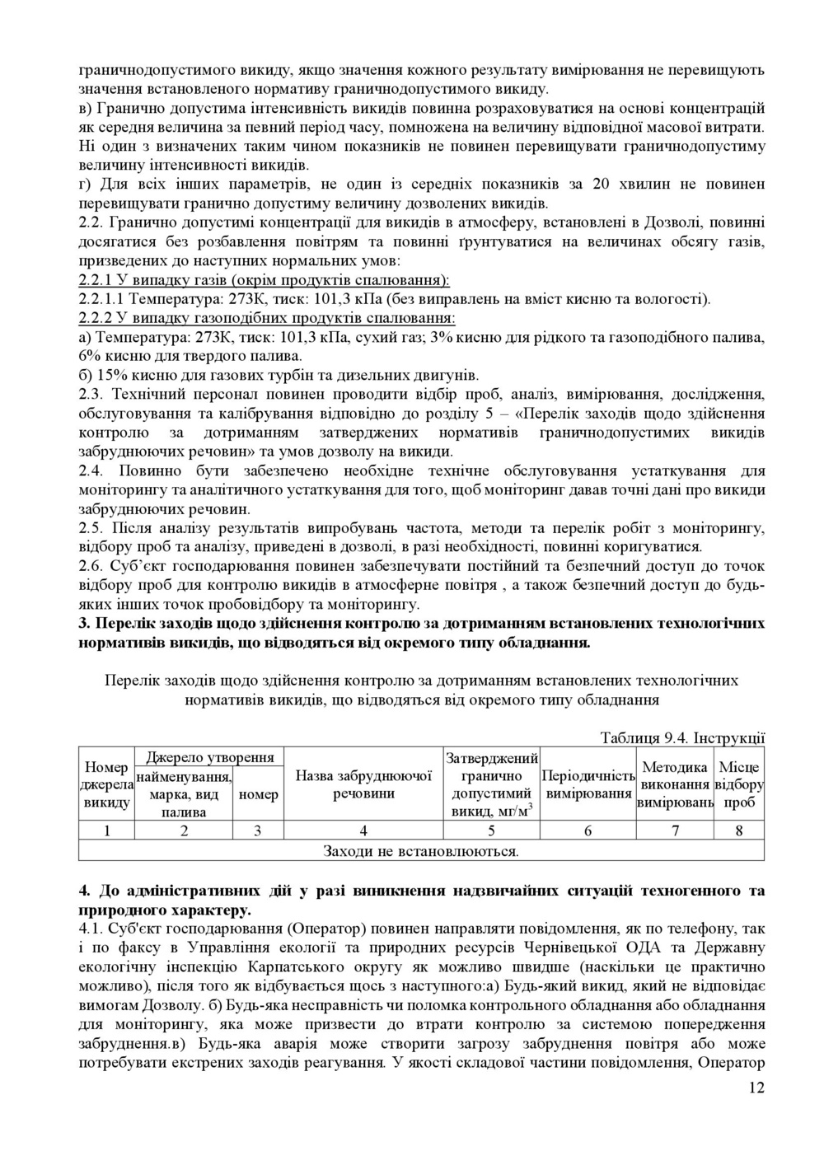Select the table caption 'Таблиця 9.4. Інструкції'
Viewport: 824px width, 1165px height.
point(682,737)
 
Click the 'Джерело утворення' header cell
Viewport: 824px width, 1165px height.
point(209,756)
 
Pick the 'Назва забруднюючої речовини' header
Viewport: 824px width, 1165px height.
point(363,784)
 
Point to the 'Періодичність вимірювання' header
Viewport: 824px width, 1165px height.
point(588,784)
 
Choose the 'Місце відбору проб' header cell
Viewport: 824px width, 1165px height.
point(739,784)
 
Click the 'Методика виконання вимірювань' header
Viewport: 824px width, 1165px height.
point(675,784)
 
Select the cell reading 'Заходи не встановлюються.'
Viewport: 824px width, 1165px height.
point(421,850)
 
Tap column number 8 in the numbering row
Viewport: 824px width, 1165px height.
point(739,830)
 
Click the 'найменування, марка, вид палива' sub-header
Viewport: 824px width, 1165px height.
point(184,793)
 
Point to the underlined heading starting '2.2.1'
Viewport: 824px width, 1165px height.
point(264,279)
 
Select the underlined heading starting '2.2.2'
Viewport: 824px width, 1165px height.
point(267,318)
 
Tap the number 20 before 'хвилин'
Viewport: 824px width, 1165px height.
point(601,184)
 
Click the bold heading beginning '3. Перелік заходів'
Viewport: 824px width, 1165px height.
point(421,633)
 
